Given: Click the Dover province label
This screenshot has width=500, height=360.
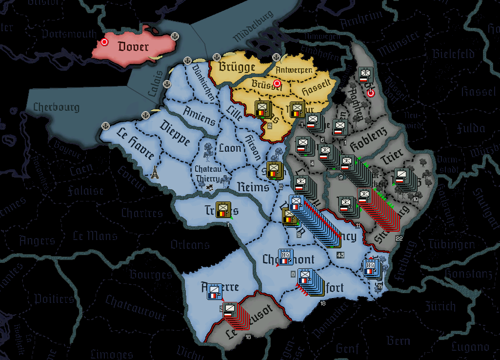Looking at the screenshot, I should tap(133, 47).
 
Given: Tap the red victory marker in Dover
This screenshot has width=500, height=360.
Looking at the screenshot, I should tap(104, 42).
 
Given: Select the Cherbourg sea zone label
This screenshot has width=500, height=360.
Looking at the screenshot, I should tap(56, 107).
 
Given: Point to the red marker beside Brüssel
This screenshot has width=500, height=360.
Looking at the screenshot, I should tap(278, 83).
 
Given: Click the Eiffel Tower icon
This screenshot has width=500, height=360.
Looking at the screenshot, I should tap(155, 172).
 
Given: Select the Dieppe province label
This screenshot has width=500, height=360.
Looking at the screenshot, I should tap(174, 132).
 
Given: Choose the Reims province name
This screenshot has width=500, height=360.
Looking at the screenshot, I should tap(253, 187).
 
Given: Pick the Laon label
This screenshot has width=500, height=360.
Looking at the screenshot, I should tap(230, 147).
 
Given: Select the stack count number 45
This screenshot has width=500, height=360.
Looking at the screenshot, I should tap(340, 255).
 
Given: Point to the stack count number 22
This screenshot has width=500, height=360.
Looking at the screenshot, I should tap(399, 238).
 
